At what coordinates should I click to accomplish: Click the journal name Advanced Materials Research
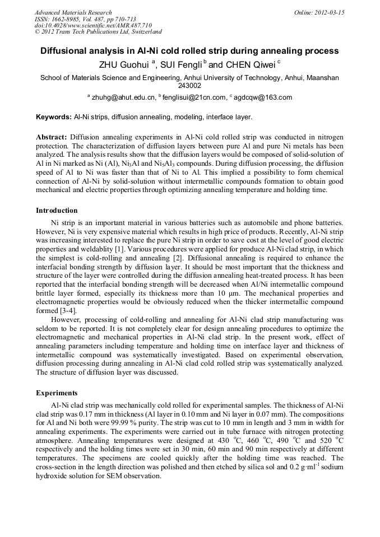point(73,12)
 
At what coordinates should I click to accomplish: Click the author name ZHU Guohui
point(125,64)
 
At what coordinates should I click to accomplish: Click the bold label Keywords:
point(54,117)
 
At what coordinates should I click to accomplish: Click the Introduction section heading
point(57,211)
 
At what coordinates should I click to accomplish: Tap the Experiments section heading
point(57,393)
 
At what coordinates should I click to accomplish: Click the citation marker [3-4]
point(67,310)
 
